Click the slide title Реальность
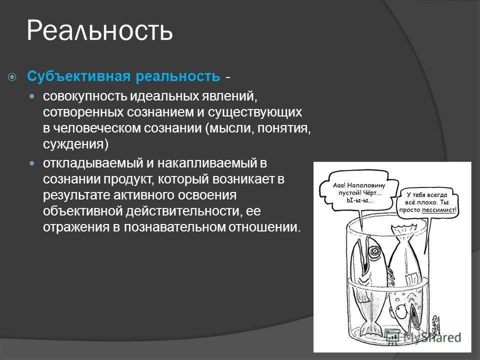[100, 30]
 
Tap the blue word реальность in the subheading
[178, 76]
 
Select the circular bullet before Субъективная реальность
[12, 77]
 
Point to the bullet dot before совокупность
[32, 96]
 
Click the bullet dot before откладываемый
[32, 163]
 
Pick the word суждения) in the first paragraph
[75, 144]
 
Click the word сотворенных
[83, 112]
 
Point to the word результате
[76, 195]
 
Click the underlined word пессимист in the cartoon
[438, 210]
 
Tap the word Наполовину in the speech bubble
[366, 185]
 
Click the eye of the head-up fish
[374, 251]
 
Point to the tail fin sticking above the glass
[403, 229]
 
